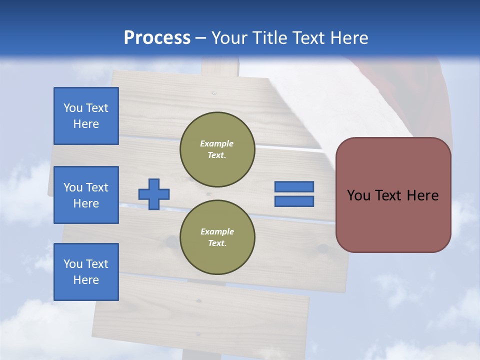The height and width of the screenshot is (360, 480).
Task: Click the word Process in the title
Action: (157, 38)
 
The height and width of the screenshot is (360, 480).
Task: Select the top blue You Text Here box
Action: (86, 116)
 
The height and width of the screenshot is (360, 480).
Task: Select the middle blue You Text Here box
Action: (86, 195)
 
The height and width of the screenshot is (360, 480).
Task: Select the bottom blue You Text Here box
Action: (86, 272)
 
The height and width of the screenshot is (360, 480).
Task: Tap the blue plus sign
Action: (154, 194)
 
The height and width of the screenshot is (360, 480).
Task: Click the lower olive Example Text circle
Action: (217, 237)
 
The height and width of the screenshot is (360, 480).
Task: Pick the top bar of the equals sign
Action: (294, 186)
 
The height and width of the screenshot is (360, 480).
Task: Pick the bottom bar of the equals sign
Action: (294, 201)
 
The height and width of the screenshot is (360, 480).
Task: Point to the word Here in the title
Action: (348, 38)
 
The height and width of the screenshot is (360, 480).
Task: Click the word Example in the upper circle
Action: (216, 144)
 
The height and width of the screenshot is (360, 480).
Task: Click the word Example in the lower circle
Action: (216, 232)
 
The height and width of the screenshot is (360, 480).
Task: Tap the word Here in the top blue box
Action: (86, 124)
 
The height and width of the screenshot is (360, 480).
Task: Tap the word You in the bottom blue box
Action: (73, 264)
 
